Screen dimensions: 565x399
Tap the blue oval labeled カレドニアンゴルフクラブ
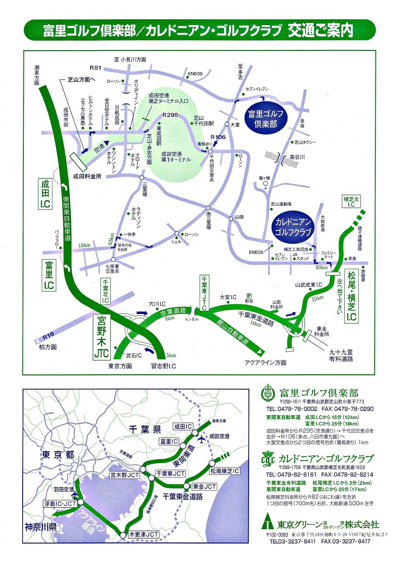[x=293, y=227]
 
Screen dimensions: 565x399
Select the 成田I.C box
[x=45, y=193]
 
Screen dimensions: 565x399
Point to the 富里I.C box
[x=49, y=275]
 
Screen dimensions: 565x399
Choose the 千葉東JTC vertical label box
[x=204, y=292]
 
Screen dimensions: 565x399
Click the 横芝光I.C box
[x=351, y=202]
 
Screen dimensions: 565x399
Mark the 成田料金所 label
[x=87, y=176]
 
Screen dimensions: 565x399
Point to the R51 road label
[x=95, y=68]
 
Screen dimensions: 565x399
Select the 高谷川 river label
[x=297, y=157]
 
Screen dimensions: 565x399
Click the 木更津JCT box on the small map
[x=144, y=535]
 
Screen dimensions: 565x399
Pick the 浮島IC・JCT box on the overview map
[x=61, y=504]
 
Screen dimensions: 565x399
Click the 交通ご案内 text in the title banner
[x=320, y=30]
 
